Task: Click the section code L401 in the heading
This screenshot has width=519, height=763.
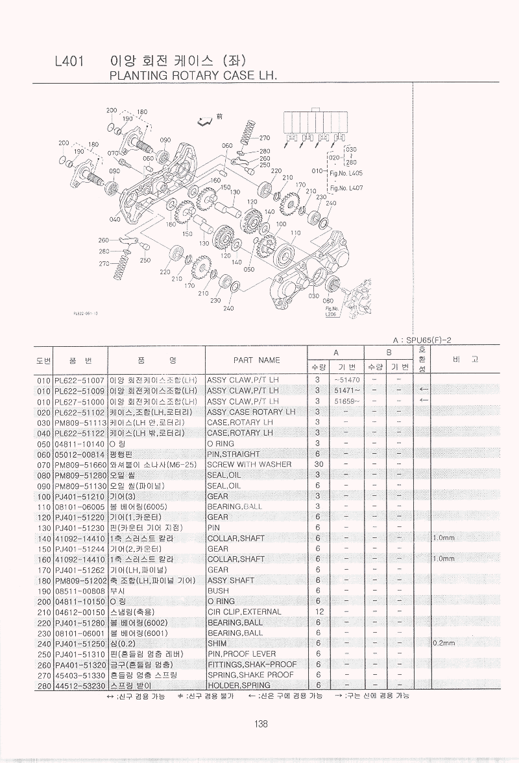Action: (69, 62)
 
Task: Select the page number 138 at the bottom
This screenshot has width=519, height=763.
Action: (261, 724)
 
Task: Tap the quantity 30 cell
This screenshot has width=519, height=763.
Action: (318, 464)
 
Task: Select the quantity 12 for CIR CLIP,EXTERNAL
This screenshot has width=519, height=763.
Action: (318, 611)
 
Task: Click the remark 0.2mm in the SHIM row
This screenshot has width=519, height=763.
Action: (444, 643)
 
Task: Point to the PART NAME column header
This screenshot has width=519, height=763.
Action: (256, 360)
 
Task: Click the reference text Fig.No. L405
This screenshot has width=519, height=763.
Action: (346, 174)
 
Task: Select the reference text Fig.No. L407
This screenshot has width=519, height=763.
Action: (346, 189)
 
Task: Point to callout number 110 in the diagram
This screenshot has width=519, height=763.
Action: (296, 233)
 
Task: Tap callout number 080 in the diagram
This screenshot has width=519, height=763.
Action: (329, 301)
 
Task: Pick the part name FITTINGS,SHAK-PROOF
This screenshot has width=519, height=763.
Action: (251, 664)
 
